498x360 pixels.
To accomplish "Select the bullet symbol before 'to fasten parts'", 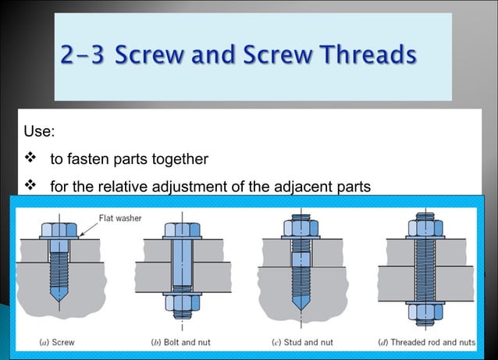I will tap(31, 159).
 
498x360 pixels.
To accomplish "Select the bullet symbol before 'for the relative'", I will tap(31, 187).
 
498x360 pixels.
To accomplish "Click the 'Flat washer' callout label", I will tap(120, 218).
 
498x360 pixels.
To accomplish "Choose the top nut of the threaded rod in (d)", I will tap(423, 228).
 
